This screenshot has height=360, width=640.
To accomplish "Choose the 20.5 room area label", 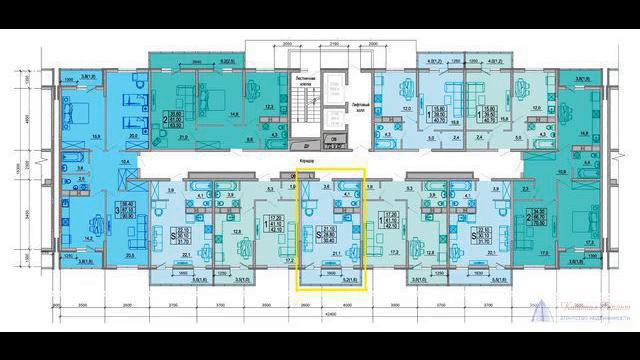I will (x=132, y=256).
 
